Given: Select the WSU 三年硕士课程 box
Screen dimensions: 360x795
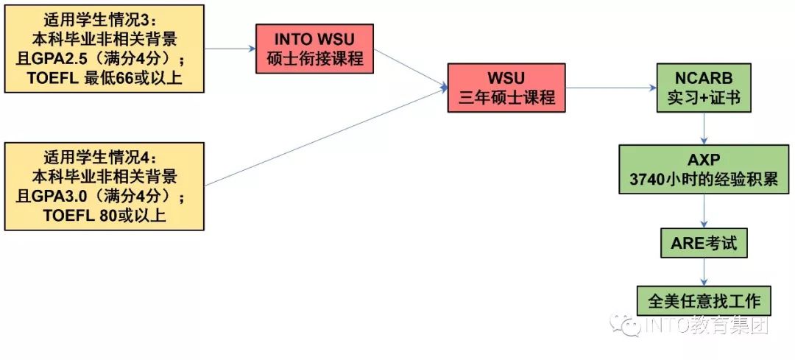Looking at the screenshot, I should click(x=506, y=87).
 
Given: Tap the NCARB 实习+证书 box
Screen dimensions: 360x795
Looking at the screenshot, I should click(x=704, y=87).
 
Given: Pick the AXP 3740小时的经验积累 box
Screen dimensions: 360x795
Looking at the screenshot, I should click(x=704, y=169).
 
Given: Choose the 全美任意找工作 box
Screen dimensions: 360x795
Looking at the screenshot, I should click(x=704, y=301).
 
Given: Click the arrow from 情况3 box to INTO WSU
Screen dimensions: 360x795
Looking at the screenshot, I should click(x=230, y=49).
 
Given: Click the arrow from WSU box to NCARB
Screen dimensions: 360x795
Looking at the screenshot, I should click(x=611, y=88).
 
